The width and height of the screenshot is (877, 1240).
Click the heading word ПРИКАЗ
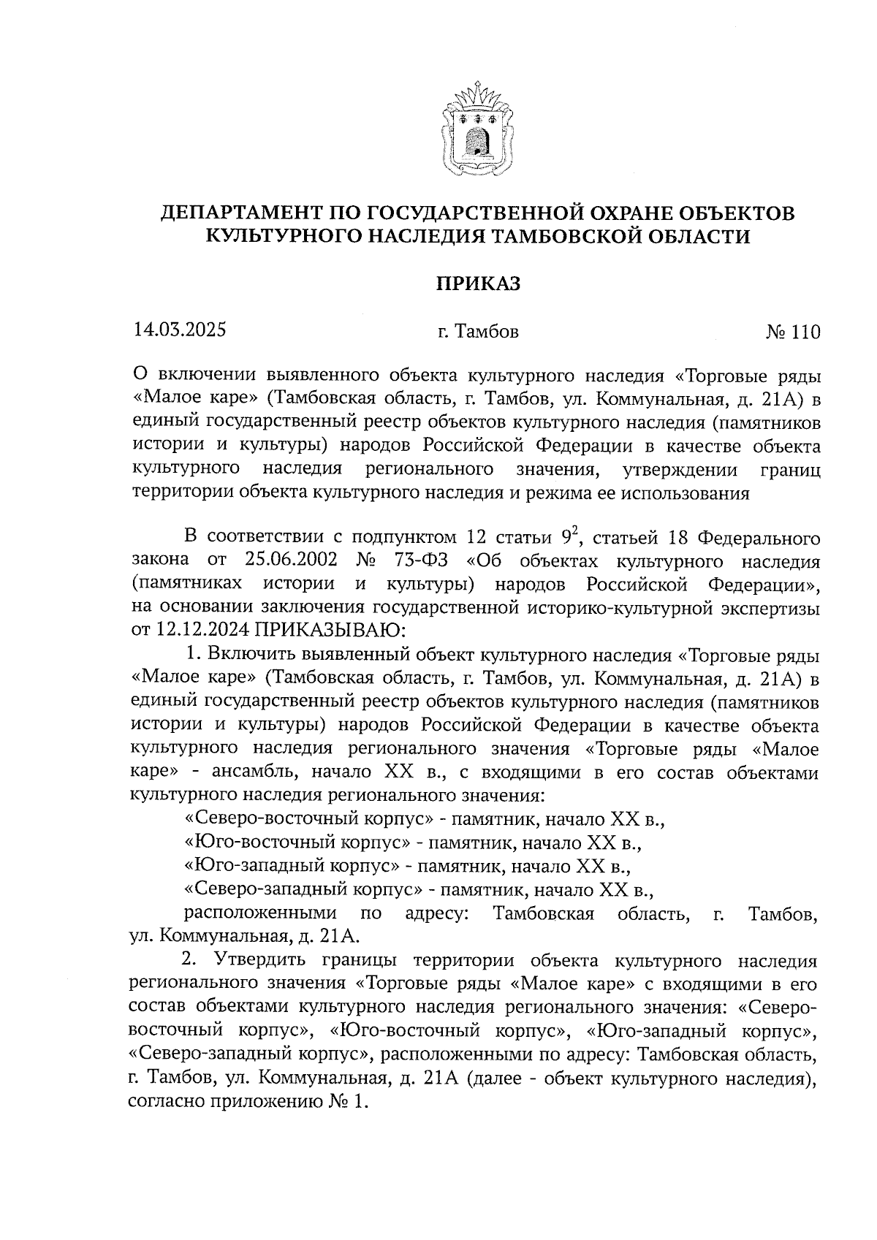(478, 284)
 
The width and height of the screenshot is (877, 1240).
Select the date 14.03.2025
(180, 330)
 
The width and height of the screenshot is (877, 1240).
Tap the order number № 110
(793, 332)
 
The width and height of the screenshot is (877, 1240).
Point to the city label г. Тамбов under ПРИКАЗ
(478, 332)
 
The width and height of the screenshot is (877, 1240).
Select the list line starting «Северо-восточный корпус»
(424, 820)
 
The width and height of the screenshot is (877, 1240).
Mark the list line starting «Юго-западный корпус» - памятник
(406, 867)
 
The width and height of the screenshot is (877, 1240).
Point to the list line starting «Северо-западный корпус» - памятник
(418, 890)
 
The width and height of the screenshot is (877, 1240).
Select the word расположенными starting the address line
(259, 913)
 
